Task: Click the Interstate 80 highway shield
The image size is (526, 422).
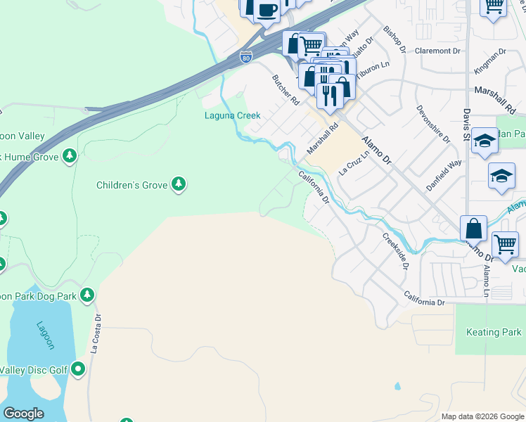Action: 245,57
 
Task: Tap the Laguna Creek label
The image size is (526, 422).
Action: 232,115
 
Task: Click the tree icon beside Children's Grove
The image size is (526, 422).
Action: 179,184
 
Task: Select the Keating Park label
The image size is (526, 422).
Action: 494,332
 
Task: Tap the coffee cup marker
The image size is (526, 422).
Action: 267,10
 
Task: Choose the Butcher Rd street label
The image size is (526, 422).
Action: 286,89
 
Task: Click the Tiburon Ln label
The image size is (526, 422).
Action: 373,68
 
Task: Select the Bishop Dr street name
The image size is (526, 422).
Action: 394,40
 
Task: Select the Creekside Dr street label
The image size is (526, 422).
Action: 395,252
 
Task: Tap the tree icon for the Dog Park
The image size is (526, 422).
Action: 86,294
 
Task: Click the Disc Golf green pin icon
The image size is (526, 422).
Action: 77,368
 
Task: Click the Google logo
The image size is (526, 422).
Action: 23,414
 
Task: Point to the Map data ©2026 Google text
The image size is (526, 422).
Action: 482,416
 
